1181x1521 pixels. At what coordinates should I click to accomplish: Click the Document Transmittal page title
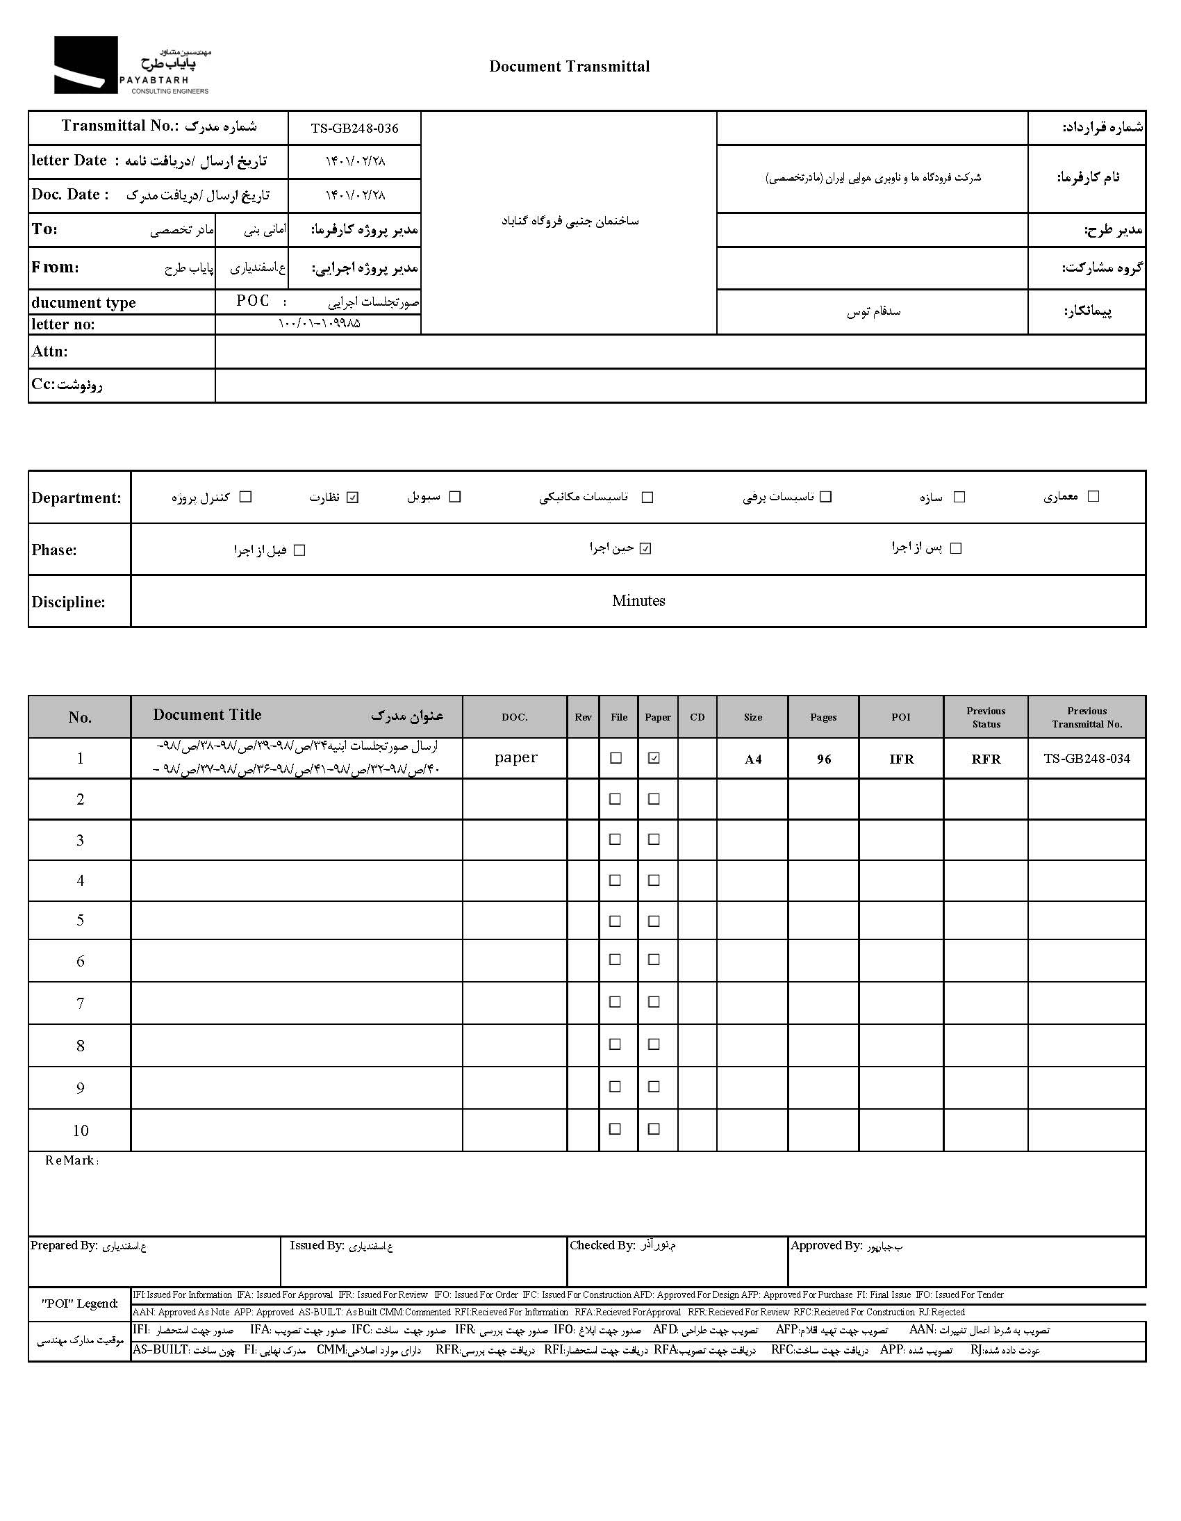pos(569,66)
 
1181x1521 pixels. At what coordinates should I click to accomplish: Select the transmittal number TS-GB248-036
pos(354,128)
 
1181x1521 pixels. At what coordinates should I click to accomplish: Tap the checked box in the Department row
pos(353,498)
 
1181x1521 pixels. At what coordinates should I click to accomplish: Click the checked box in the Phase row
pos(645,549)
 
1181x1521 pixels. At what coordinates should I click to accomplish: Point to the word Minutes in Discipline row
pos(638,600)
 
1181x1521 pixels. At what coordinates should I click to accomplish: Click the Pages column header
pos(823,716)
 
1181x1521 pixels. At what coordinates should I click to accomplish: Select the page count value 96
pos(824,759)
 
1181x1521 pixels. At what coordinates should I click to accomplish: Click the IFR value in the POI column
pos(901,759)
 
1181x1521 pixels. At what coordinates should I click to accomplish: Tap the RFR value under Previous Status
pos(986,759)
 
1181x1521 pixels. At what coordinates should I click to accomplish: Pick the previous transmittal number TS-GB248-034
pos(1087,758)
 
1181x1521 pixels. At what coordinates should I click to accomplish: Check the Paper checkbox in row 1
pos(654,758)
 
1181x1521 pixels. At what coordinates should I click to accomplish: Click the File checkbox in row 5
pos(615,921)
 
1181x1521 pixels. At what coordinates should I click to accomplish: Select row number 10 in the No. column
pos(80,1131)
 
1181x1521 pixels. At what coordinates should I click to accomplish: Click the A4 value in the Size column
pos(753,759)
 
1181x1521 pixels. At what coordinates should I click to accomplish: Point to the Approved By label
pos(827,1245)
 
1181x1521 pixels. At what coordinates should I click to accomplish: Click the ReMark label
pos(71,1160)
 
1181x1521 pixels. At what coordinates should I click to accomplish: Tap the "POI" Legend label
pos(79,1303)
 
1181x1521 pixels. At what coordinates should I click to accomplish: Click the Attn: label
pos(49,352)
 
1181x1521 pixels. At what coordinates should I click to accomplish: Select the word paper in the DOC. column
pos(515,757)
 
